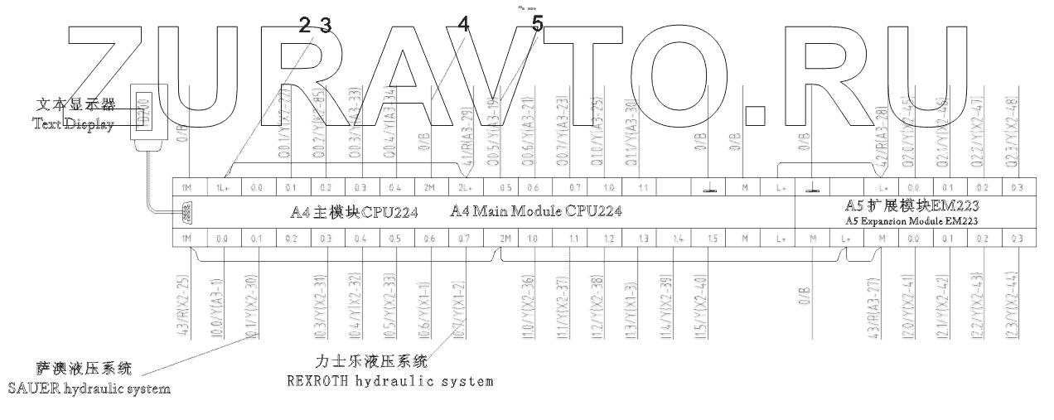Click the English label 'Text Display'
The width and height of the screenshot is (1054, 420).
click(71, 123)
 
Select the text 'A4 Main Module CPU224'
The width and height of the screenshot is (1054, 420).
click(536, 212)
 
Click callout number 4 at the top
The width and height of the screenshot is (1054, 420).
click(462, 26)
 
